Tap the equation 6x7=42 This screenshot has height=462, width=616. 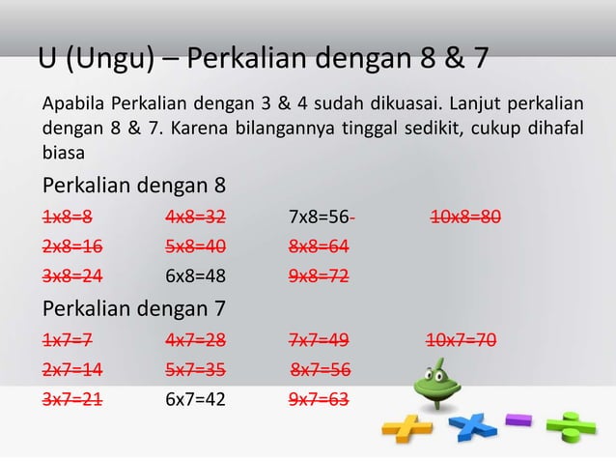195,397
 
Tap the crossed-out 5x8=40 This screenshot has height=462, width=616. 195,245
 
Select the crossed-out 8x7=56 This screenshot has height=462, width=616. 321,368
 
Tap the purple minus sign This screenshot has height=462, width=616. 519,419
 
